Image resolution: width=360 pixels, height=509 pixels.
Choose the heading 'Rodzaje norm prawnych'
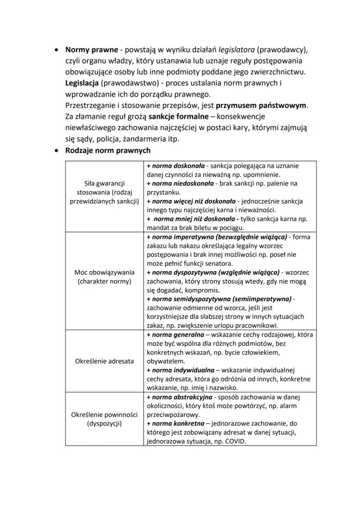click(x=108, y=151)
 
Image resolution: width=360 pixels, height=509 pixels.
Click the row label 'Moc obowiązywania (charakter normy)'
click(x=104, y=277)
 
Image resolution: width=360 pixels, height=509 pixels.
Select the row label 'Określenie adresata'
click(x=104, y=361)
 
